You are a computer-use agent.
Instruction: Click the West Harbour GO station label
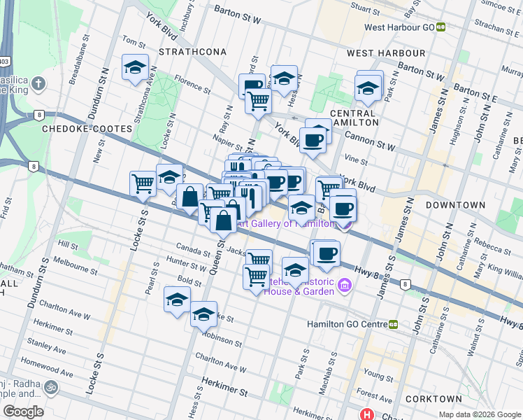pos(400,27)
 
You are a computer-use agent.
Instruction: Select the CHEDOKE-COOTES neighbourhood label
pos(87,129)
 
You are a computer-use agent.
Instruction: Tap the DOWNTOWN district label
pos(455,205)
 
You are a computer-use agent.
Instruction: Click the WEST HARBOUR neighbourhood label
pos(385,53)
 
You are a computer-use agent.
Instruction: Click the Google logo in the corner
pos(23,412)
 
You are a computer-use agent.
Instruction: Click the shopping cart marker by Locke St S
pos(143,183)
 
